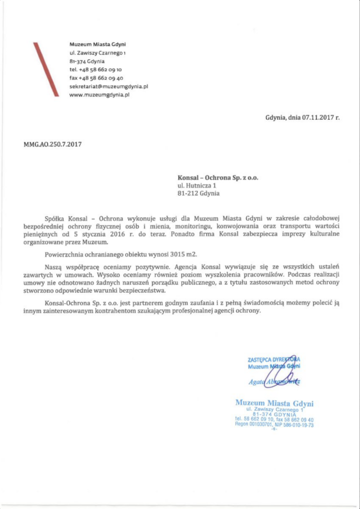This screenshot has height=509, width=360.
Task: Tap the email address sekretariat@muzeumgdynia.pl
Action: (109, 86)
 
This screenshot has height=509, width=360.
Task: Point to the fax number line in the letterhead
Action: (96, 78)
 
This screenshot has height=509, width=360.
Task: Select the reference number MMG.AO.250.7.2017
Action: (53, 145)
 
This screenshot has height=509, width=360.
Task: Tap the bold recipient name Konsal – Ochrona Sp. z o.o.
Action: (218, 177)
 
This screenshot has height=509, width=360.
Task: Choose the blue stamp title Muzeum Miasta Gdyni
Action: (274, 403)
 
